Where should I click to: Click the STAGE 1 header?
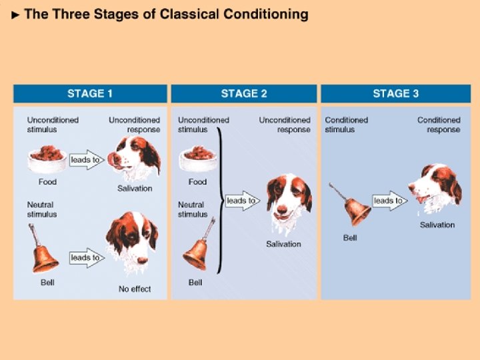click(90, 93)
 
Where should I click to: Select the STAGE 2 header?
click(244, 93)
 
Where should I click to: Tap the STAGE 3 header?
click(395, 93)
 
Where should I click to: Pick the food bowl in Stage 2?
click(197, 159)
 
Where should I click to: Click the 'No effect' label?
click(135, 289)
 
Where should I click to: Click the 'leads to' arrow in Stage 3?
click(389, 201)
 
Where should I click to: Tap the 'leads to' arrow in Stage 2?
click(241, 201)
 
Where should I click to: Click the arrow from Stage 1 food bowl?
click(86, 160)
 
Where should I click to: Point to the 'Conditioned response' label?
click(439, 125)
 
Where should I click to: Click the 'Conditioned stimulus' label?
click(346, 125)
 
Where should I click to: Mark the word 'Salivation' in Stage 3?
click(437, 225)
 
